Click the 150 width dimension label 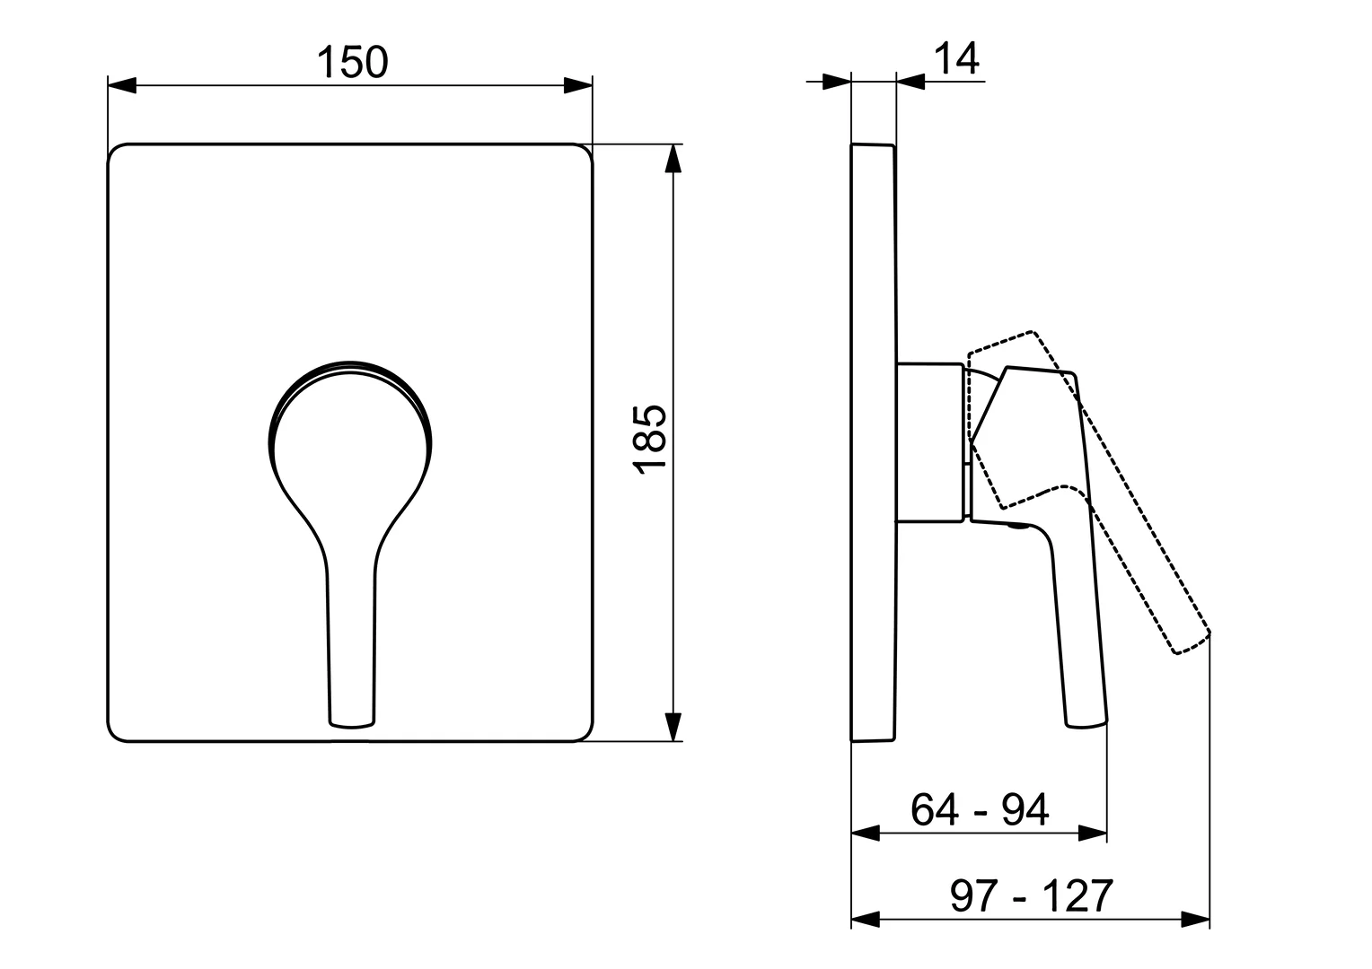[352, 62]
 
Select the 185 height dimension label [648, 439]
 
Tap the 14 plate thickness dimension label [956, 59]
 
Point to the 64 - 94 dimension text [979, 810]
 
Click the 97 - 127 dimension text [1031, 895]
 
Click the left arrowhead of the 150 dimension [121, 86]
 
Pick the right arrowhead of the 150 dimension [578, 86]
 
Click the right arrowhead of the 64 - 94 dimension [1093, 834]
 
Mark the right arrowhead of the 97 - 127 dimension [1195, 919]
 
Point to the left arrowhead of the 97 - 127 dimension [865, 919]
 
